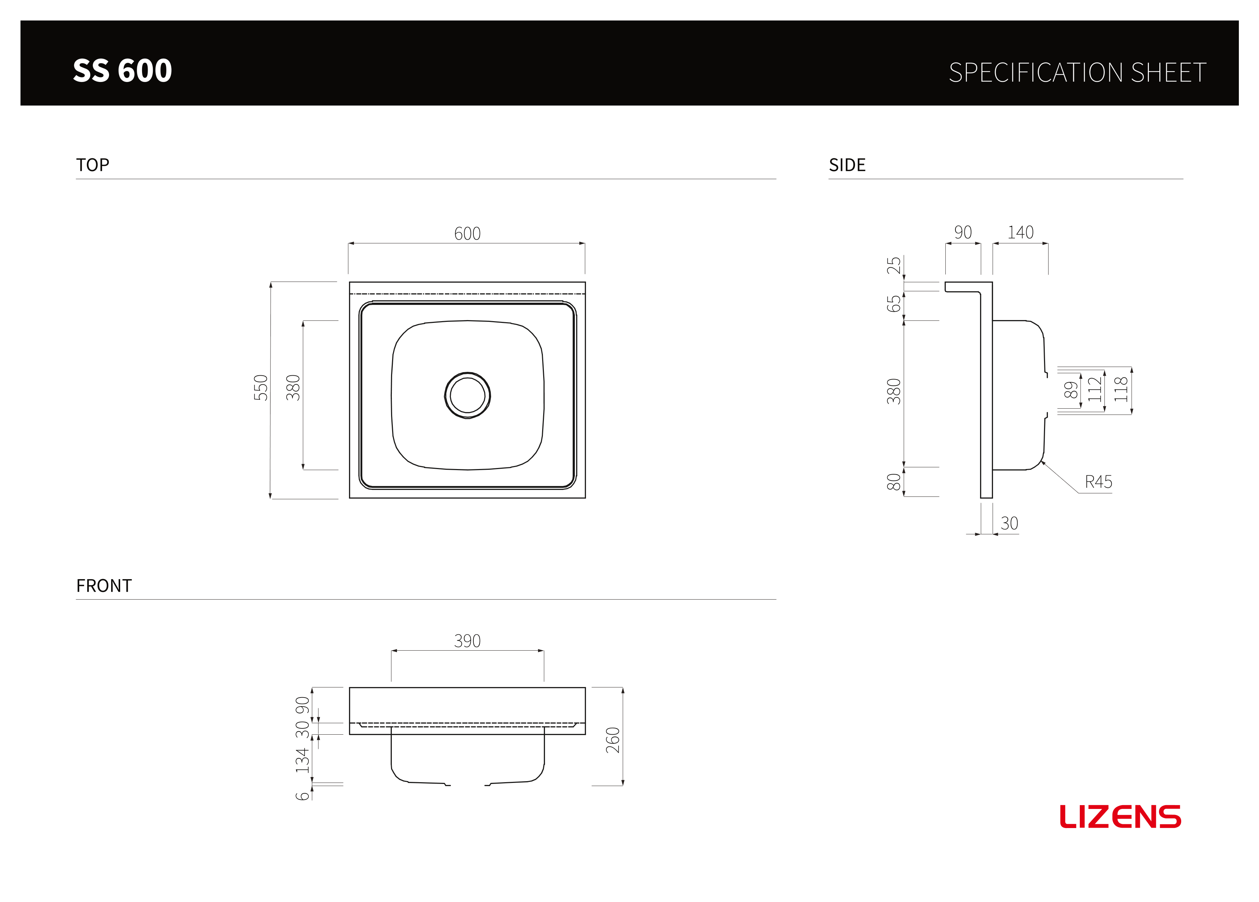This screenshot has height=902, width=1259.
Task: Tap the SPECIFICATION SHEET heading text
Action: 1077,73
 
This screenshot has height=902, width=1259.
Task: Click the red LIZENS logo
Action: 1120,817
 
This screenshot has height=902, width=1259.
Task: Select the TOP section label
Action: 93,165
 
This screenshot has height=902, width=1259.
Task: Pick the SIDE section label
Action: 847,165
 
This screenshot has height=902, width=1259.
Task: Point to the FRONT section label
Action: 104,586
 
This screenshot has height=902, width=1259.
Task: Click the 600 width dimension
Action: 467,234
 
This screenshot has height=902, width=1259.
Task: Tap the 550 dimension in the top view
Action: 261,387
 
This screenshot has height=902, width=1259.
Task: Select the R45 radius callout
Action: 1099,482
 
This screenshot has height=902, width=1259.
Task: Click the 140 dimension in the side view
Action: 1020,232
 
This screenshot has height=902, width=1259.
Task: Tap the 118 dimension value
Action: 1121,389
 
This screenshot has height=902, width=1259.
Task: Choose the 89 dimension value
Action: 1071,390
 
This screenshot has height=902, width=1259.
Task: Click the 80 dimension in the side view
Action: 894,482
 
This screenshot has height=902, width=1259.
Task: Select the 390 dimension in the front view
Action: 467,641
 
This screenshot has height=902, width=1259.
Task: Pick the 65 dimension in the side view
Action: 894,304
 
